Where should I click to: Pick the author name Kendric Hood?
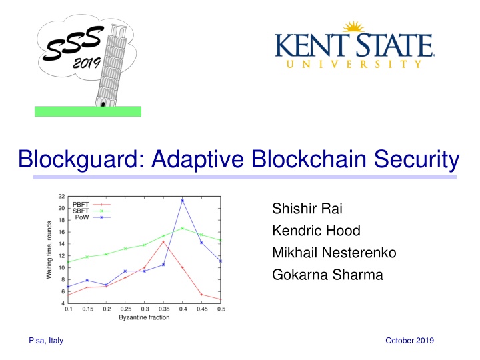[308, 231]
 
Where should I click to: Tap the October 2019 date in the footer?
[410, 341]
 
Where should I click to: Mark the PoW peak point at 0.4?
[182, 200]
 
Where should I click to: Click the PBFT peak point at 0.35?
[163, 241]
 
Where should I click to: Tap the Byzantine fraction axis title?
[144, 317]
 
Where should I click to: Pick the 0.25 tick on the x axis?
[125, 309]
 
